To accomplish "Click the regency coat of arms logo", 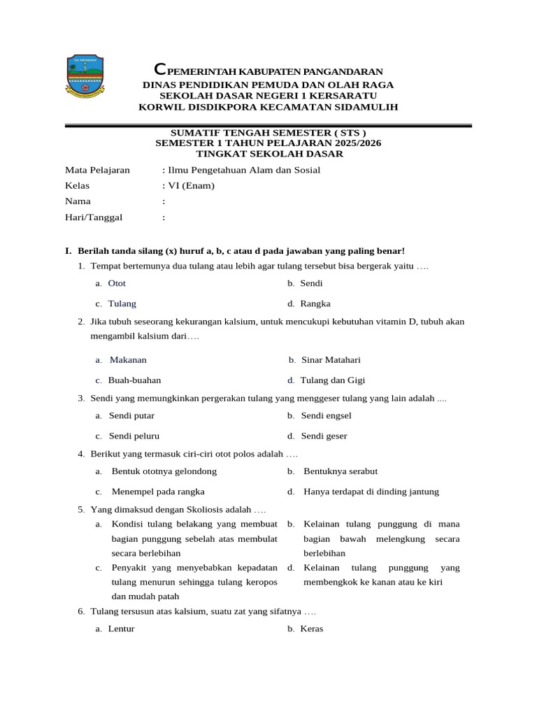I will coord(85,76).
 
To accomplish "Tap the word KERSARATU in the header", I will coord(338,95).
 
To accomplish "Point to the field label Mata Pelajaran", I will coord(97,170).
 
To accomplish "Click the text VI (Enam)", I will coord(190,185).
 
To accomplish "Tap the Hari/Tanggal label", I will coord(94,217).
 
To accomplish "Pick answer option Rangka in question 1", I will coord(315,303).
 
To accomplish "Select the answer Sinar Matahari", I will coord(331,360).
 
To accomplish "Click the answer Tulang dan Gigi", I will coord(333,380).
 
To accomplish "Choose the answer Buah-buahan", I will coord(134,380).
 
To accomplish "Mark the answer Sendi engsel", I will coord(326,415).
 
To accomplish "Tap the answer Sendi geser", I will coord(324,436).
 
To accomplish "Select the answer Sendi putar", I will coord(131,415).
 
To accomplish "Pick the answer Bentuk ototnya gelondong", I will coord(164,471).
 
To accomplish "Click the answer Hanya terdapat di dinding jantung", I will coord(371,492).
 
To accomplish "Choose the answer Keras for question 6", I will coord(312,629).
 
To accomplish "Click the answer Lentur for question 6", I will coord(122,629).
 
